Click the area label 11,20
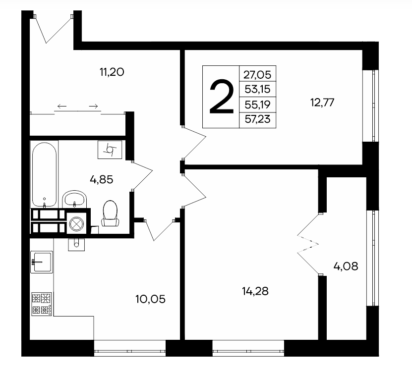pyautogui.click(x=112, y=72)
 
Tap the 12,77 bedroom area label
pyautogui.click(x=322, y=102)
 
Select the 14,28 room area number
pyautogui.click(x=255, y=291)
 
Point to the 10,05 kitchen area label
pyautogui.click(x=150, y=299)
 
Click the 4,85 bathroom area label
pyautogui.click(x=102, y=180)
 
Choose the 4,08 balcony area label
pyautogui.click(x=346, y=266)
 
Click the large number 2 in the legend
pyautogui.click(x=221, y=97)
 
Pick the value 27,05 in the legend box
pyautogui.click(x=257, y=75)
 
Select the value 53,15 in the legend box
pyautogui.click(x=257, y=89)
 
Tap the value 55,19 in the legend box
pyautogui.click(x=257, y=105)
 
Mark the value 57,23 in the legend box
pyautogui.click(x=257, y=119)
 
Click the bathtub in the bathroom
pyautogui.click(x=44, y=174)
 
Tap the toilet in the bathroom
pyautogui.click(x=111, y=213)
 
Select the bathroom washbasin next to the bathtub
pyautogui.click(x=74, y=199)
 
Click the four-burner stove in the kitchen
pyautogui.click(x=42, y=304)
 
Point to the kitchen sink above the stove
pyautogui.click(x=42, y=262)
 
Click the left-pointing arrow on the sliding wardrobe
pyautogui.click(x=62, y=106)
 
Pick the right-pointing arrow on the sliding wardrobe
pyautogui.click(x=94, y=106)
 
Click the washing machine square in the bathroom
pyautogui.click(x=110, y=150)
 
